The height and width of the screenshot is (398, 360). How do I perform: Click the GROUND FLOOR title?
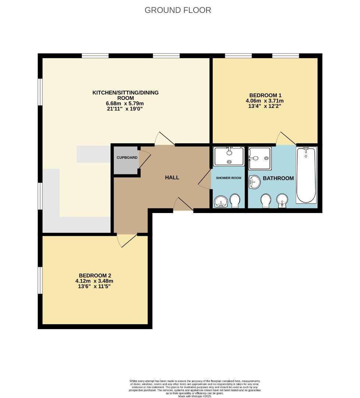(178, 10)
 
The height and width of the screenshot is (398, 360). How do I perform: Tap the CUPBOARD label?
(127, 158)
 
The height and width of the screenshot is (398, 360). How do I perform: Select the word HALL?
(172, 178)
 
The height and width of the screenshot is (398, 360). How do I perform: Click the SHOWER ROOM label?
(229, 178)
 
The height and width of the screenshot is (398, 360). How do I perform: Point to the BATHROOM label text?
(278, 178)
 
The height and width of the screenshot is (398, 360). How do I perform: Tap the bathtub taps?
(306, 149)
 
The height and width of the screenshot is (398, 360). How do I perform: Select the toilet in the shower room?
(235, 200)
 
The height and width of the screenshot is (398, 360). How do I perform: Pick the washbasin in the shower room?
(221, 202)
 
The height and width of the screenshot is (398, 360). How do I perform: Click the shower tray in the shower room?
(229, 156)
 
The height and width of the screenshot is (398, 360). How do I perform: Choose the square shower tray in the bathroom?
(260, 158)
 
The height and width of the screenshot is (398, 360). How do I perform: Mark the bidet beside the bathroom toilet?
(282, 200)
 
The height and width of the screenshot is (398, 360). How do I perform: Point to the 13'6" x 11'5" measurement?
(95, 286)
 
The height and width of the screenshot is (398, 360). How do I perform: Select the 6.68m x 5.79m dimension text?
(125, 104)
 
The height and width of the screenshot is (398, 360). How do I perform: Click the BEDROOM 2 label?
(95, 275)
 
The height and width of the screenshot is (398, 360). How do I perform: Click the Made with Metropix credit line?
(195, 396)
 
